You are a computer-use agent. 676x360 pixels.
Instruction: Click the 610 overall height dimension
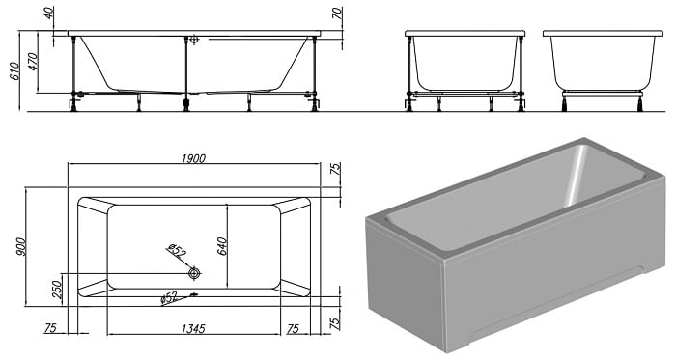[14, 71]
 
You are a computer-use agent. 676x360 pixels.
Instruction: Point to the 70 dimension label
[338, 14]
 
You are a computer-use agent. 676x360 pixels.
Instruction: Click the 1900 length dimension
[193, 158]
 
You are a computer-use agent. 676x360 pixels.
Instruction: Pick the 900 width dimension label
[20, 247]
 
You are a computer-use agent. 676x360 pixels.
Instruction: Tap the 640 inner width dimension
[222, 246]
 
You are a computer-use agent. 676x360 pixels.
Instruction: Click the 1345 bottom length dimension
[193, 329]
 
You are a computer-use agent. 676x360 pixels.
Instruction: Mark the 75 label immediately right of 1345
[293, 329]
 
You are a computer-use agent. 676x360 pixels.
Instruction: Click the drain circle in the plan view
[194, 273]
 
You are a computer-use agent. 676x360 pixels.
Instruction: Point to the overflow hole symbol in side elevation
[194, 40]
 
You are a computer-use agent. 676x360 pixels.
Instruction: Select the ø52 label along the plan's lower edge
[169, 297]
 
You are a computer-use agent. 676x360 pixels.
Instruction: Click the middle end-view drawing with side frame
[465, 70]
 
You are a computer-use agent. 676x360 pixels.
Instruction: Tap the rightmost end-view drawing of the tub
[603, 70]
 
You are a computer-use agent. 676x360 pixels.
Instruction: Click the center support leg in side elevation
[186, 73]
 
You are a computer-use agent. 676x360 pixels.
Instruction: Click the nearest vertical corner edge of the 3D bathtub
[443, 306]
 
